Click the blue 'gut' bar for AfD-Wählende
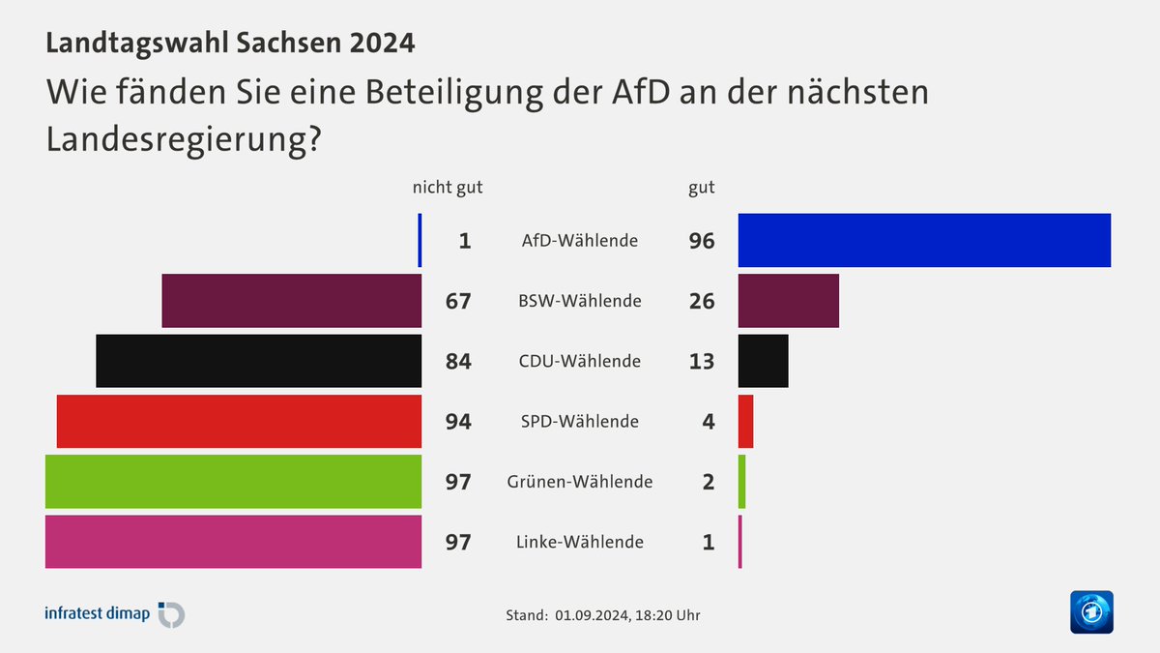tap(924, 240)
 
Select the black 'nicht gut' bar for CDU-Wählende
tap(259, 361)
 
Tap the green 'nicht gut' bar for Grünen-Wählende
tap(233, 481)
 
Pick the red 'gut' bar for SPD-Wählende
tap(745, 421)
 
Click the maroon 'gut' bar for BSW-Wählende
tap(788, 300)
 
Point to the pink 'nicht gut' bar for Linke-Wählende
tap(233, 541)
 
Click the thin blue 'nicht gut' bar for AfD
tap(420, 240)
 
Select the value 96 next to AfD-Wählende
tap(702, 241)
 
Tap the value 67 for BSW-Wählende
tap(458, 301)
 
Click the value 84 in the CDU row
tap(458, 361)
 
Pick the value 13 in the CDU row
tap(702, 361)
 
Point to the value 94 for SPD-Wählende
tap(458, 421)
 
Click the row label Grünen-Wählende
tap(580, 481)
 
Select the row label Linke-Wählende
tap(580, 542)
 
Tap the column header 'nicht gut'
tap(448, 187)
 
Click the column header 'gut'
tap(702, 188)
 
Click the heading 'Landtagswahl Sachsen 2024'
tap(230, 44)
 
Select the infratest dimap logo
tap(114, 613)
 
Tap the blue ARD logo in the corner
tap(1091, 612)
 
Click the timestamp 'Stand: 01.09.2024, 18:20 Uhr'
tap(603, 615)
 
